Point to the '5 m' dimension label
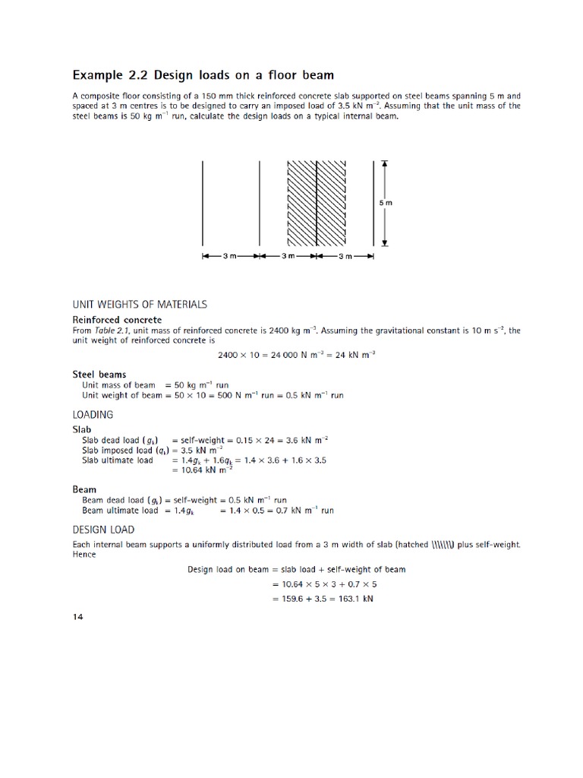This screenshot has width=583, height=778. click(x=386, y=203)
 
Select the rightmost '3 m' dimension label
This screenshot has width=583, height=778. click(x=345, y=256)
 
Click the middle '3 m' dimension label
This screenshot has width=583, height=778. click(x=288, y=256)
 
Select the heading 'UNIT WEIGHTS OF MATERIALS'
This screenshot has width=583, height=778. click(x=140, y=304)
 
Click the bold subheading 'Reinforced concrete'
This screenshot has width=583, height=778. click(x=117, y=320)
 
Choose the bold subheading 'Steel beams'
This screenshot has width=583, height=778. click(x=99, y=374)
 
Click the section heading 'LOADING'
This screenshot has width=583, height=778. click(x=93, y=415)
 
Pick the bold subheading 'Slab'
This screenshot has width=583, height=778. click(x=82, y=429)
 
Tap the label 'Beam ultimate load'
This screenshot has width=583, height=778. click(x=119, y=511)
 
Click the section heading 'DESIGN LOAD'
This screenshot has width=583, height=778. click(x=103, y=530)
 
